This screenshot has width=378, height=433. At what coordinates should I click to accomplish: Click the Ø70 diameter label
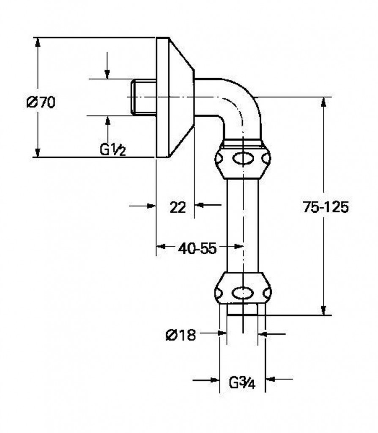coord(41,102)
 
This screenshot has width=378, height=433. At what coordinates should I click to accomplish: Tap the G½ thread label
coord(113,150)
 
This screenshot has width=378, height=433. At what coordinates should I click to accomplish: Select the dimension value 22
coord(178,207)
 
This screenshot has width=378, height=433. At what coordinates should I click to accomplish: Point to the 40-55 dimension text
coord(197,249)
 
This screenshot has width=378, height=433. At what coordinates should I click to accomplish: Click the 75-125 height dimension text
coord(326,207)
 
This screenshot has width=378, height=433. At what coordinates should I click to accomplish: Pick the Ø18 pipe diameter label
coord(181,335)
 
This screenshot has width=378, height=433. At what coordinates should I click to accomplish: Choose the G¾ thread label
coord(242,383)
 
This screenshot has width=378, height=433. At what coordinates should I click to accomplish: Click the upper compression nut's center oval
coord(243,159)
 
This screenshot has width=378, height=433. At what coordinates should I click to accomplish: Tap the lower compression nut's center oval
coord(243,292)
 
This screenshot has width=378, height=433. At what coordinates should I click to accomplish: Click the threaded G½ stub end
coord(143,97)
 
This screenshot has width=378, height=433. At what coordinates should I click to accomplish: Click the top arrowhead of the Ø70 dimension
coord(38,43)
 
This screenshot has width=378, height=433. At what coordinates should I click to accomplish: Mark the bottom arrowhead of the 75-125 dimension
coord(323,310)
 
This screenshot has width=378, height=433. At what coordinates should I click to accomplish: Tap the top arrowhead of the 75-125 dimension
coord(323,103)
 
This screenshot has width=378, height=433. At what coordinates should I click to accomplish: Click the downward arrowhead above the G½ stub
coord(107,74)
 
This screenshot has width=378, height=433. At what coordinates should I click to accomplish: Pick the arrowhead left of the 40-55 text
coord(162,246)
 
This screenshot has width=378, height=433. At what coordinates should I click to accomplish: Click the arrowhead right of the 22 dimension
coord(200,205)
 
